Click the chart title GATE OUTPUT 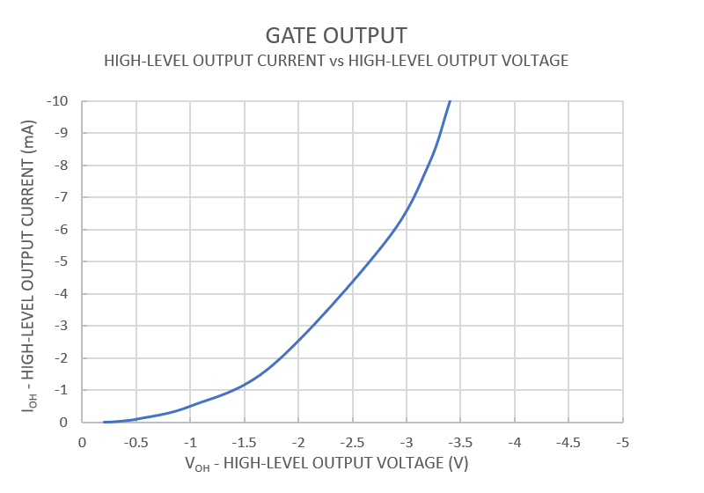336,35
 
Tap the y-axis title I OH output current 30,262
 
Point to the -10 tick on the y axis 59,101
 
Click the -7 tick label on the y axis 62,197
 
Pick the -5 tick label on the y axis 62,261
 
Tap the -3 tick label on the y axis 62,326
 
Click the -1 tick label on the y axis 62,390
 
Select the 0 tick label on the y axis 65,423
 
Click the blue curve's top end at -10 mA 450,102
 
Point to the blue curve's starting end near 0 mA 104,422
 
